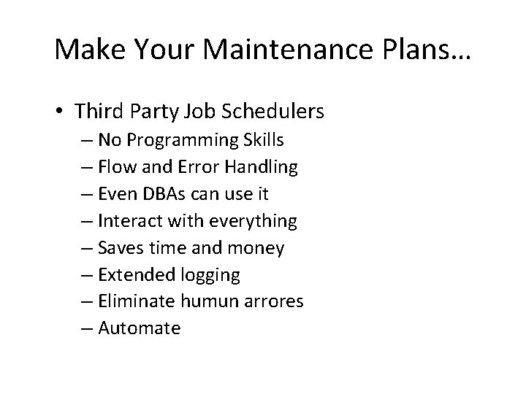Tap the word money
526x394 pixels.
point(256,248)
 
